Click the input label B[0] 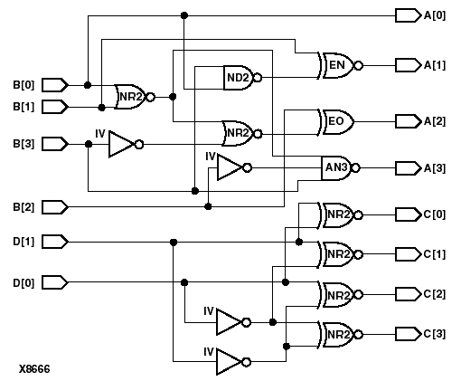[x=24, y=85]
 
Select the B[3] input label [x=24, y=144]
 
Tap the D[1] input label [x=24, y=242]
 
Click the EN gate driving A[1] [x=338, y=65]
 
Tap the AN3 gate [x=338, y=167]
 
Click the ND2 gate [x=239, y=79]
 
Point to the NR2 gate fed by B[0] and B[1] [x=131, y=96]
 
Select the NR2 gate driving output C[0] [x=338, y=214]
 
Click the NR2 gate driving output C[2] [x=338, y=295]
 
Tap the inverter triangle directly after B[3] [x=121, y=144]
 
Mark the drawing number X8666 [x=34, y=369]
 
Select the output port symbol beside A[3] [x=408, y=168]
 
